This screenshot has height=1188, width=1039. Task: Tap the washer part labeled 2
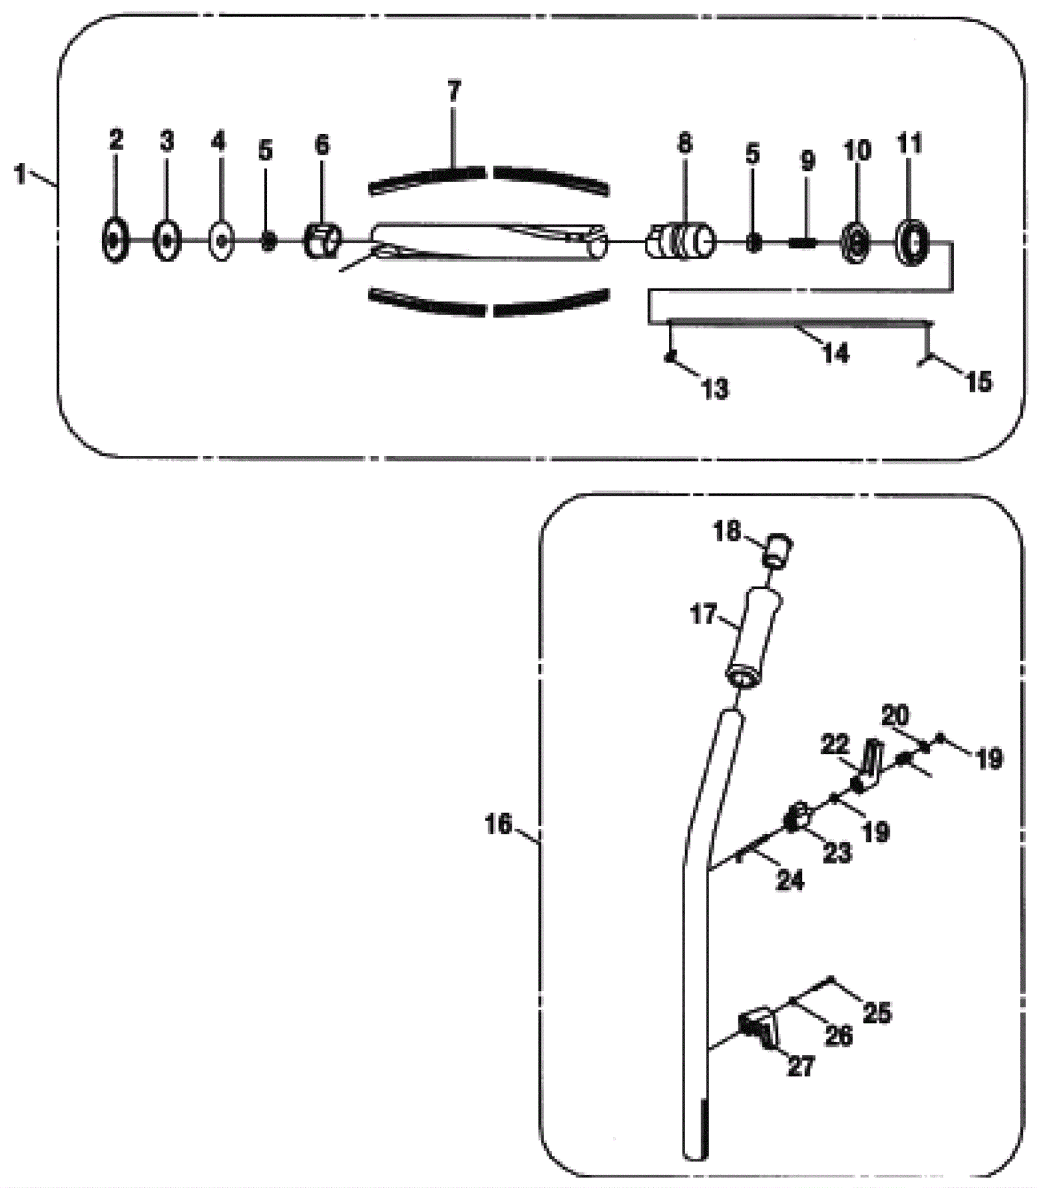point(115,241)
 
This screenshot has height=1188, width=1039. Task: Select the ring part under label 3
point(167,241)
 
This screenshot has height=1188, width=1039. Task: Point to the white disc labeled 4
point(221,241)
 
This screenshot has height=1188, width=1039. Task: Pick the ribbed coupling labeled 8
point(681,241)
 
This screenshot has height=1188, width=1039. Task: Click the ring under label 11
point(912,242)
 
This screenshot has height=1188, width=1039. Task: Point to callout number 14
point(836,354)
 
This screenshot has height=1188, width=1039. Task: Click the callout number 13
point(715,389)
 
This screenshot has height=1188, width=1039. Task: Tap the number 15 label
point(979,382)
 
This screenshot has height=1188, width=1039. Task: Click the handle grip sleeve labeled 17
point(755,638)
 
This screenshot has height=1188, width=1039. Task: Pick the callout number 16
point(499,824)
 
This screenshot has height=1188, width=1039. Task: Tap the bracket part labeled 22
point(868,767)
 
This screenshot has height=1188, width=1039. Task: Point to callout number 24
point(790,880)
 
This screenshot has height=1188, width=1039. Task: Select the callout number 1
point(21,174)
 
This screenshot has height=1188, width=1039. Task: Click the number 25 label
point(877,1013)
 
